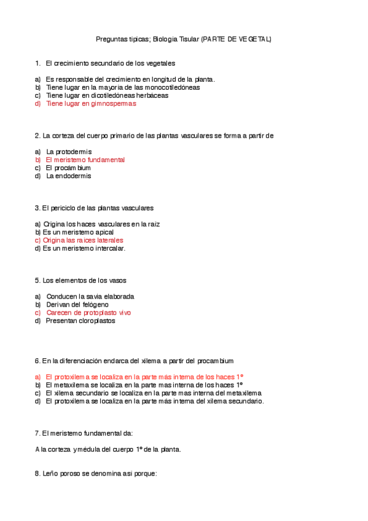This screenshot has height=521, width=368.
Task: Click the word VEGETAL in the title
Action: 254,39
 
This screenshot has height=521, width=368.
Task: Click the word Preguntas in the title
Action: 111,39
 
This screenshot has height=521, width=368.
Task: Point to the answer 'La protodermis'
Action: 69,151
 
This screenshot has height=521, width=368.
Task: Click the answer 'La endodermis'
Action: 69,176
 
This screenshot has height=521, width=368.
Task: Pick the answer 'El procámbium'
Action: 69,168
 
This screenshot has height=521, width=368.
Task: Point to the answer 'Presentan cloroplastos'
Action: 80,321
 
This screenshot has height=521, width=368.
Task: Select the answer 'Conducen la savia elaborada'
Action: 90,296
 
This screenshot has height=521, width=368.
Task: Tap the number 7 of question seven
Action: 37,433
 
